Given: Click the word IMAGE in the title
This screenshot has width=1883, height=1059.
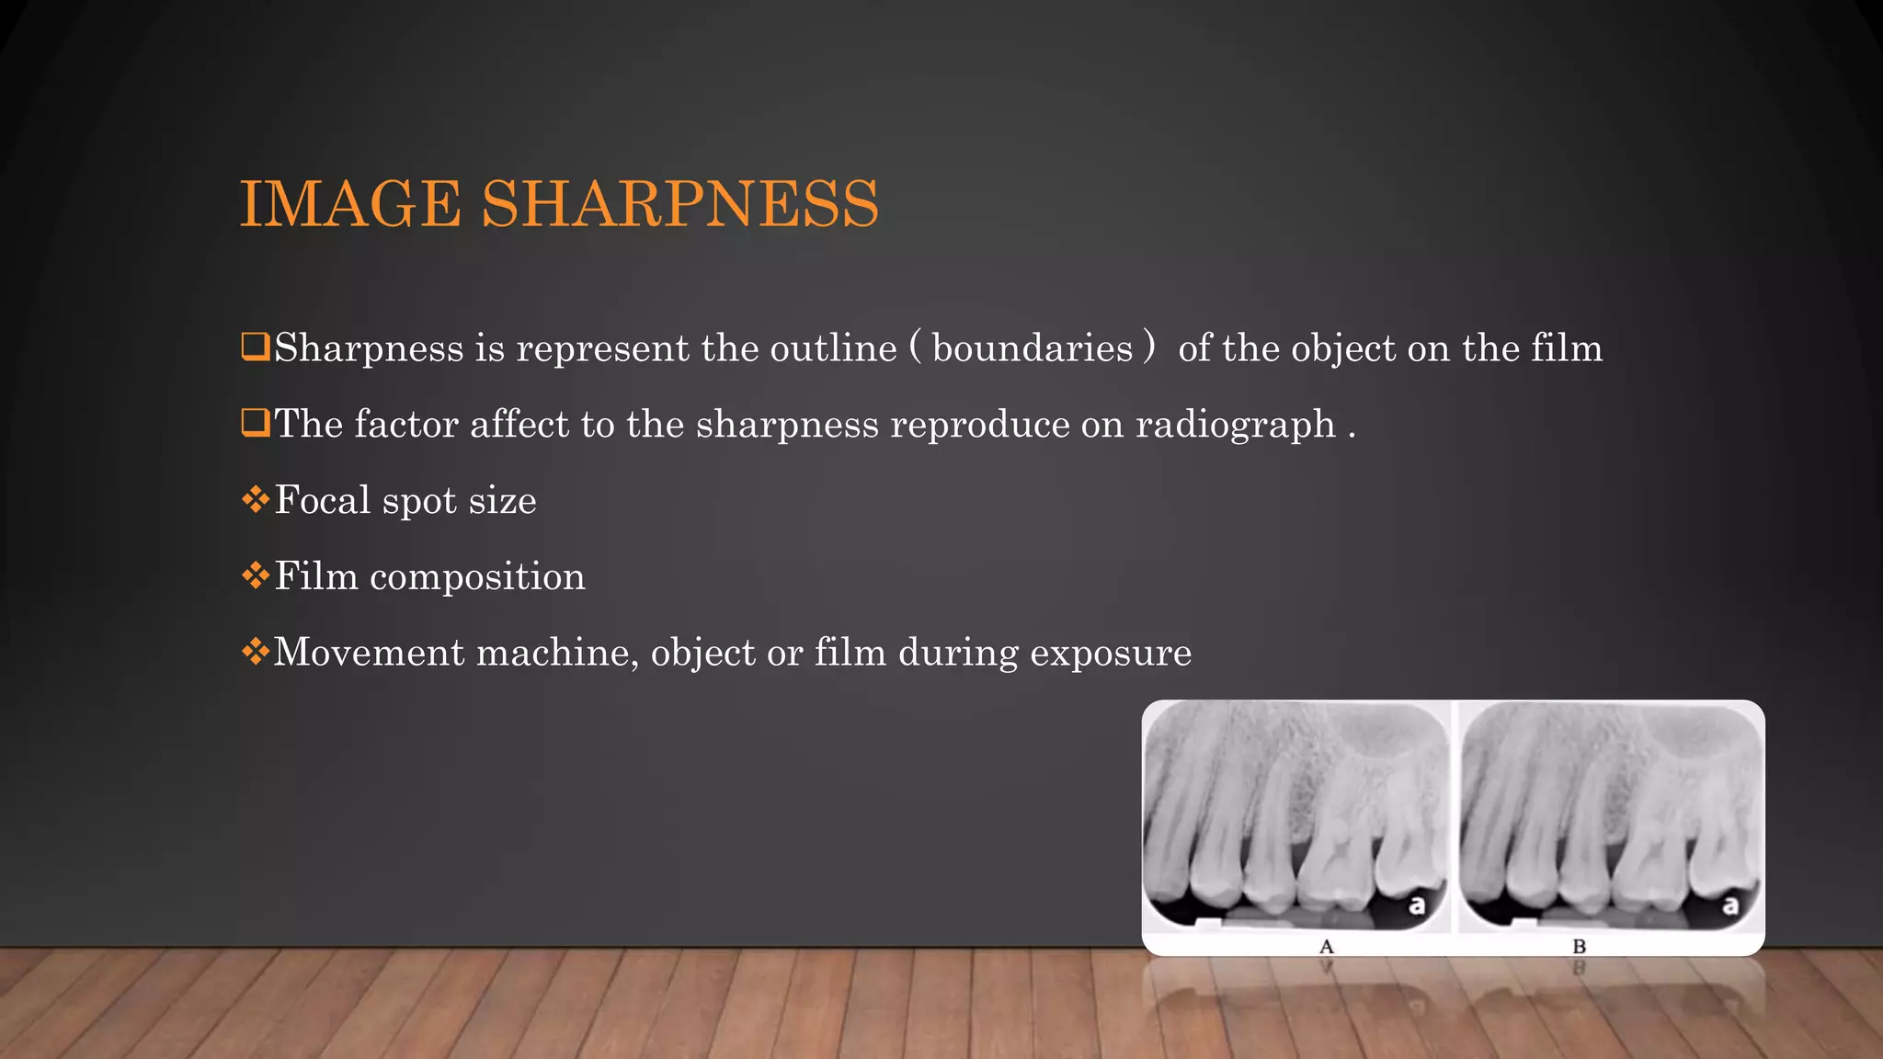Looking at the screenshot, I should [350, 204].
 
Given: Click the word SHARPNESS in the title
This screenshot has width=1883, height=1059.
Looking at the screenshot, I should [680, 204].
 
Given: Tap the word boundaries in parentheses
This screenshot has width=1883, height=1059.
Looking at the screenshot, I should [1033, 348].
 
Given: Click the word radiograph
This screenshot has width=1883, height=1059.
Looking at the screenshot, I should [1235, 425].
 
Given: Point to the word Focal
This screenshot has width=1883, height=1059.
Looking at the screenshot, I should [322, 501].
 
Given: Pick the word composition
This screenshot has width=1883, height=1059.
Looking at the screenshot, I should [477, 577].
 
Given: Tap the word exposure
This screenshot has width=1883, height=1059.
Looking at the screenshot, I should [1111, 653].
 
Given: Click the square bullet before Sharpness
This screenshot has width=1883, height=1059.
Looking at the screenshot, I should [255, 347].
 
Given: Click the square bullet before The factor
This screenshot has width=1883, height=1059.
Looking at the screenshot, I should [255, 424].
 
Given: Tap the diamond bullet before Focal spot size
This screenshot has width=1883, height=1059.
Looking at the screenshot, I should [255, 500].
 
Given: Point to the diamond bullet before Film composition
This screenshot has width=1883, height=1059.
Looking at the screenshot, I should [255, 576].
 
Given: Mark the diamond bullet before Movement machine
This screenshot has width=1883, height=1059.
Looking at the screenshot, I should [255, 652].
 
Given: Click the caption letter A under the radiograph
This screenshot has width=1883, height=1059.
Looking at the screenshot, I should [1326, 946].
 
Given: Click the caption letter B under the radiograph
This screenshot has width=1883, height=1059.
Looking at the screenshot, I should [1579, 946].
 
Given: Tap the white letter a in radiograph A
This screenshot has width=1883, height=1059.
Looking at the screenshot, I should [1417, 905].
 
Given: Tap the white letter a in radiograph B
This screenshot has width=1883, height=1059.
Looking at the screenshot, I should [1730, 905].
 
